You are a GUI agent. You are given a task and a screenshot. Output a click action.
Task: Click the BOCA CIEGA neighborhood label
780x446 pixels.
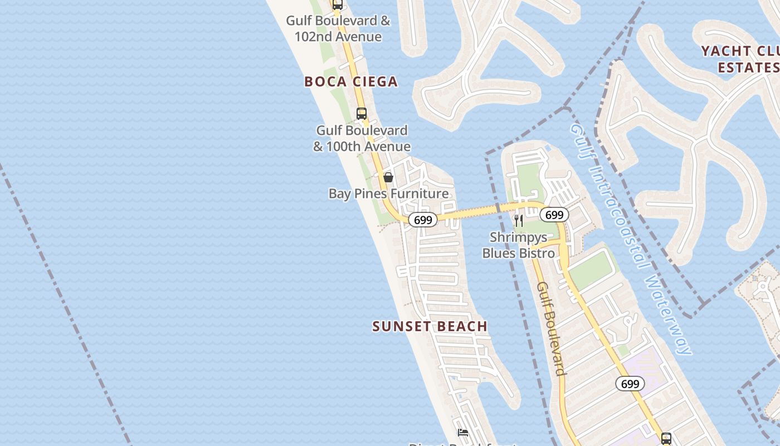[351, 81]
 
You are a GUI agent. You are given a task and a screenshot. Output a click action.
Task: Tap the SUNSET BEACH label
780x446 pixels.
[430, 326]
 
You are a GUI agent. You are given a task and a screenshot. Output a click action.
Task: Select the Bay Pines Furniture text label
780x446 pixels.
[388, 193]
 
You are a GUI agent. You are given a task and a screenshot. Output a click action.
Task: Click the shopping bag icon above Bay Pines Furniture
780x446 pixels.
[388, 177]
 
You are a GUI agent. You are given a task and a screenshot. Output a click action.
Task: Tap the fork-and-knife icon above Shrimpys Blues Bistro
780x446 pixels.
[519, 220]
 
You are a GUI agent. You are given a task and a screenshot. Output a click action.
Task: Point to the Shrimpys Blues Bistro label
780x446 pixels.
[519, 245]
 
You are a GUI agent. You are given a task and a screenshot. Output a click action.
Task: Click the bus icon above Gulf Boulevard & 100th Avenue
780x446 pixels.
[362, 114]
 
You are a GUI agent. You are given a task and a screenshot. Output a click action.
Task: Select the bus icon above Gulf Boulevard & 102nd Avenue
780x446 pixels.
[337, 5]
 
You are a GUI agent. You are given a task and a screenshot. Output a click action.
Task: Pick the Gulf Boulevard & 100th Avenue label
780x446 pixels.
[362, 138]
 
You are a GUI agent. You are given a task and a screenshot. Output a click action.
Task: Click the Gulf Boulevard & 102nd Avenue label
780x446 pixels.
[338, 29]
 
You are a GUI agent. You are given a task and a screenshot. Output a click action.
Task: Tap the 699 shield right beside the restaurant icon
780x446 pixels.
[554, 215]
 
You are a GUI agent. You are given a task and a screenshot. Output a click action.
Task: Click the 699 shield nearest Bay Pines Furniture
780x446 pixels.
[423, 220]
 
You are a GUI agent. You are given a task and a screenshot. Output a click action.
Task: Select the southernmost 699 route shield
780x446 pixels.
[630, 384]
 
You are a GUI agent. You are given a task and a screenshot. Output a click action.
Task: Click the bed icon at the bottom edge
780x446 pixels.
[462, 432]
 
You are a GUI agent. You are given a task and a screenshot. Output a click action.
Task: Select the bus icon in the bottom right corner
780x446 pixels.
[666, 438]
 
